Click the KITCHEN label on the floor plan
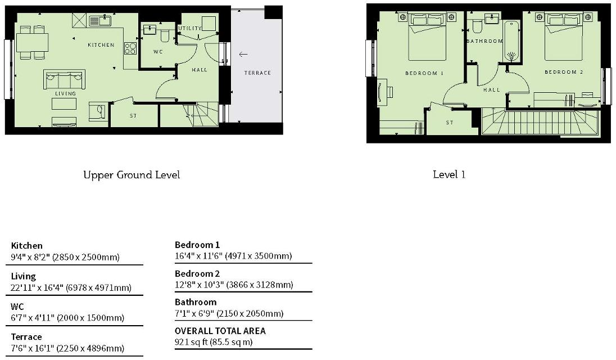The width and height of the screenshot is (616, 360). tap(101, 45)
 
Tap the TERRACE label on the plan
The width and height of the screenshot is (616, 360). tap(257, 73)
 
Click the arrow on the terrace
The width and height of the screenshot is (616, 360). tap(243, 54)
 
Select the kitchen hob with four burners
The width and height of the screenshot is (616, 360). tap(130, 48)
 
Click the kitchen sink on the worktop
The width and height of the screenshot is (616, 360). tap(100, 20)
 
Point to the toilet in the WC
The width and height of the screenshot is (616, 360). tap(165, 35)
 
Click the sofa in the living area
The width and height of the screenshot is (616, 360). tap(64, 80)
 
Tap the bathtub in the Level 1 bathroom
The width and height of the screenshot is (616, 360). tap(512, 41)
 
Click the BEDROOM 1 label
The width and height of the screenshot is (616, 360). tap(424, 73)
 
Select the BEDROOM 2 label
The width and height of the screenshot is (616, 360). tap(564, 72)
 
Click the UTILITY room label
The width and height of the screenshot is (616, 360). tap(190, 28)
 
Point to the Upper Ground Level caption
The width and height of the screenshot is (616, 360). tap(132, 175)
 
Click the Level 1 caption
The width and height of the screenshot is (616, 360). tap(449, 174)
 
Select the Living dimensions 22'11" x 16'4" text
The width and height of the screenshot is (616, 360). tap(71, 287)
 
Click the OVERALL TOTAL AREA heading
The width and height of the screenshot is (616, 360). tap(220, 331)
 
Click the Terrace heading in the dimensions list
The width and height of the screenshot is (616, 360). tap(26, 337)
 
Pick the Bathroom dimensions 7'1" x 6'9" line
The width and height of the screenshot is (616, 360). tap(229, 314)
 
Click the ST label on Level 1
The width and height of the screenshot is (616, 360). tap(450, 123)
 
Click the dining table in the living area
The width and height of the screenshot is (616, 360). tap(32, 43)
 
